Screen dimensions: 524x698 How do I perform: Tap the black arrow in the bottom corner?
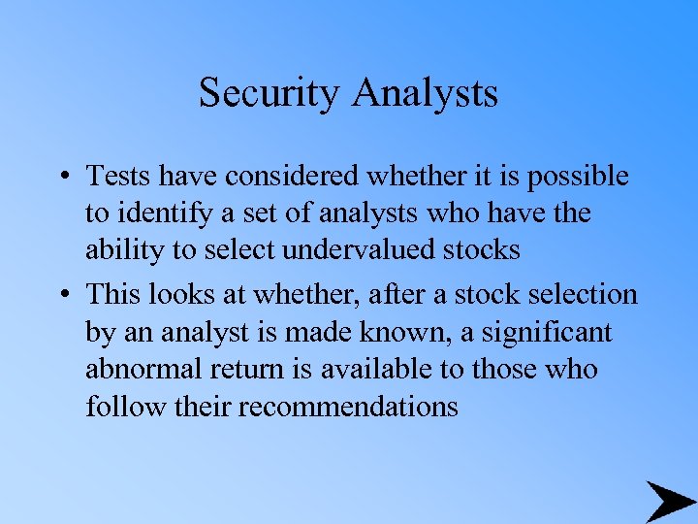[669, 502]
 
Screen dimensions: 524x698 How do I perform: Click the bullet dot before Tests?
[61, 178]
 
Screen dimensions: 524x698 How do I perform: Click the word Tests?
[114, 177]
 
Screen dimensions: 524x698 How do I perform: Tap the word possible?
[581, 178]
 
